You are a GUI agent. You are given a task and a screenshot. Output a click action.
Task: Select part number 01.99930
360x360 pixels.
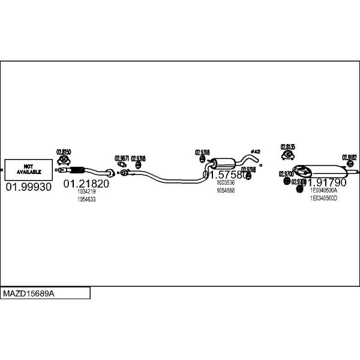coord(29,187)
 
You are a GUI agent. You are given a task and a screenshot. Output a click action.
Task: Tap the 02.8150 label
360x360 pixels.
coord(64,152)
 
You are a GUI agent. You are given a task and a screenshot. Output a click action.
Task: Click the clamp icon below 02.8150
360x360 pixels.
coord(62,161)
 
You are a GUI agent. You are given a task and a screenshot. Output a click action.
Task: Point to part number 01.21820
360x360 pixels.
coord(86,184)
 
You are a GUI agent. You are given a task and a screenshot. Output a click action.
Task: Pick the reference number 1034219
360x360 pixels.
coord(86,192)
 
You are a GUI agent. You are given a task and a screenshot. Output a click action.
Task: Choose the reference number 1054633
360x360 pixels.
coord(86,199)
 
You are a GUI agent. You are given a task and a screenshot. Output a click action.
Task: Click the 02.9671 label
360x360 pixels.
coord(122,158)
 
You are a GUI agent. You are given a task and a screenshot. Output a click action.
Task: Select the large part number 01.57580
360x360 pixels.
coord(224,175)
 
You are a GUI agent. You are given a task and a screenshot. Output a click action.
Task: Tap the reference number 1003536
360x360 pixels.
coord(226,183)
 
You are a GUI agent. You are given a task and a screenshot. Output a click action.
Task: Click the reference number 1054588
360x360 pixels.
coord(226,190)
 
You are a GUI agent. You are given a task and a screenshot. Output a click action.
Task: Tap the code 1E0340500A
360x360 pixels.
coord(324,190)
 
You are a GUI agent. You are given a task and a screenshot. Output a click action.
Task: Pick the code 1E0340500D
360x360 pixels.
coord(324,197)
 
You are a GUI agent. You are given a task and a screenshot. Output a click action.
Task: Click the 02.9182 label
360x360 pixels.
coord(349,157)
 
